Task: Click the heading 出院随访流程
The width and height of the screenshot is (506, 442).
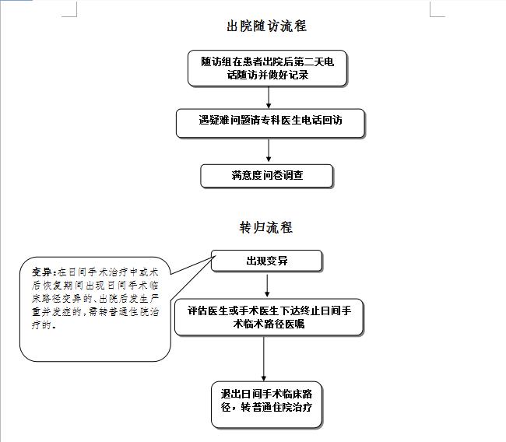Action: (x=266, y=26)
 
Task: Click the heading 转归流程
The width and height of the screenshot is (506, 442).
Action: (x=266, y=227)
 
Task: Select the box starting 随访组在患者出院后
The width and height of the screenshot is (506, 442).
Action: (x=267, y=68)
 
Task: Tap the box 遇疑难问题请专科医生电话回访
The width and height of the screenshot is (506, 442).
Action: (x=270, y=123)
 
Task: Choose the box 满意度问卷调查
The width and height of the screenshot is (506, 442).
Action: (x=266, y=176)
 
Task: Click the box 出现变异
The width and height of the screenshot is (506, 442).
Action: (x=266, y=261)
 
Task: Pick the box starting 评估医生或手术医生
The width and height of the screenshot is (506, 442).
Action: (x=269, y=317)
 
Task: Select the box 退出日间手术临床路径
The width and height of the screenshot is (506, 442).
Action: (x=266, y=405)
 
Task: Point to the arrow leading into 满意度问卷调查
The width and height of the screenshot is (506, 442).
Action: (x=269, y=150)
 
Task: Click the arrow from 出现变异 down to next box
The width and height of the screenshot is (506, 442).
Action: (x=267, y=286)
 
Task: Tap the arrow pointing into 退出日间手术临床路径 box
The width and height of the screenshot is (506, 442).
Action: (x=264, y=359)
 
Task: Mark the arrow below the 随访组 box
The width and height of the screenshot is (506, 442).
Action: (x=269, y=97)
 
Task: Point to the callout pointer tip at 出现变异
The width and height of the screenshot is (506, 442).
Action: (x=215, y=255)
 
